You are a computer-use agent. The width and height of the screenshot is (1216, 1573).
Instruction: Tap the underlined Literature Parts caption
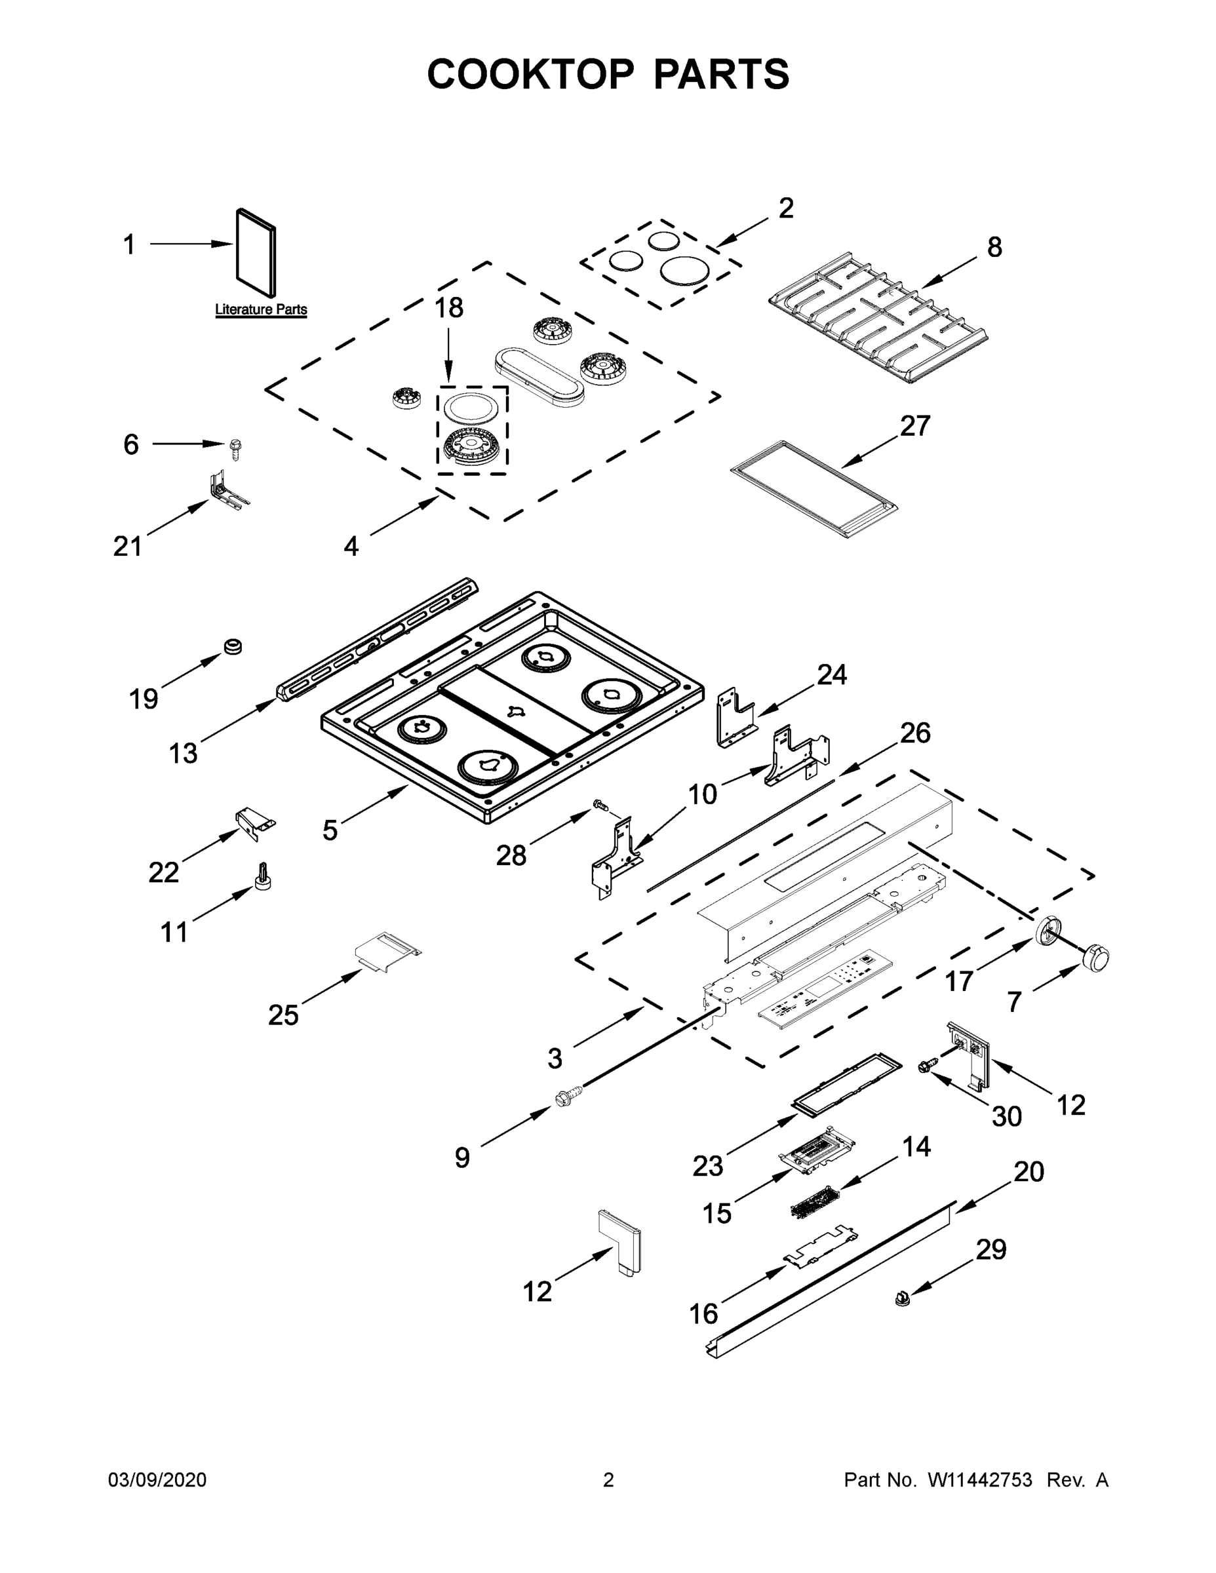[261, 310]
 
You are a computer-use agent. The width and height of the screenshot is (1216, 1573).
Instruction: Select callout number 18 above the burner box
[448, 308]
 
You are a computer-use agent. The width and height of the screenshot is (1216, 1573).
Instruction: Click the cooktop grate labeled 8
[878, 317]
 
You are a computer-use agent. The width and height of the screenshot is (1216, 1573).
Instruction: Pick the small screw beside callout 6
[235, 450]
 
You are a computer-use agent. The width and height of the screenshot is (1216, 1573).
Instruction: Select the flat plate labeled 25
[387, 952]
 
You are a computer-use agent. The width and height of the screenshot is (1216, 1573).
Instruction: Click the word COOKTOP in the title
[531, 74]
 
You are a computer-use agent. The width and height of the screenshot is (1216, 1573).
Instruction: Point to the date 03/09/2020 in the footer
[157, 1480]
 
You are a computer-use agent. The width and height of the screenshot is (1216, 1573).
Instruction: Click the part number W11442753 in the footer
[980, 1480]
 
